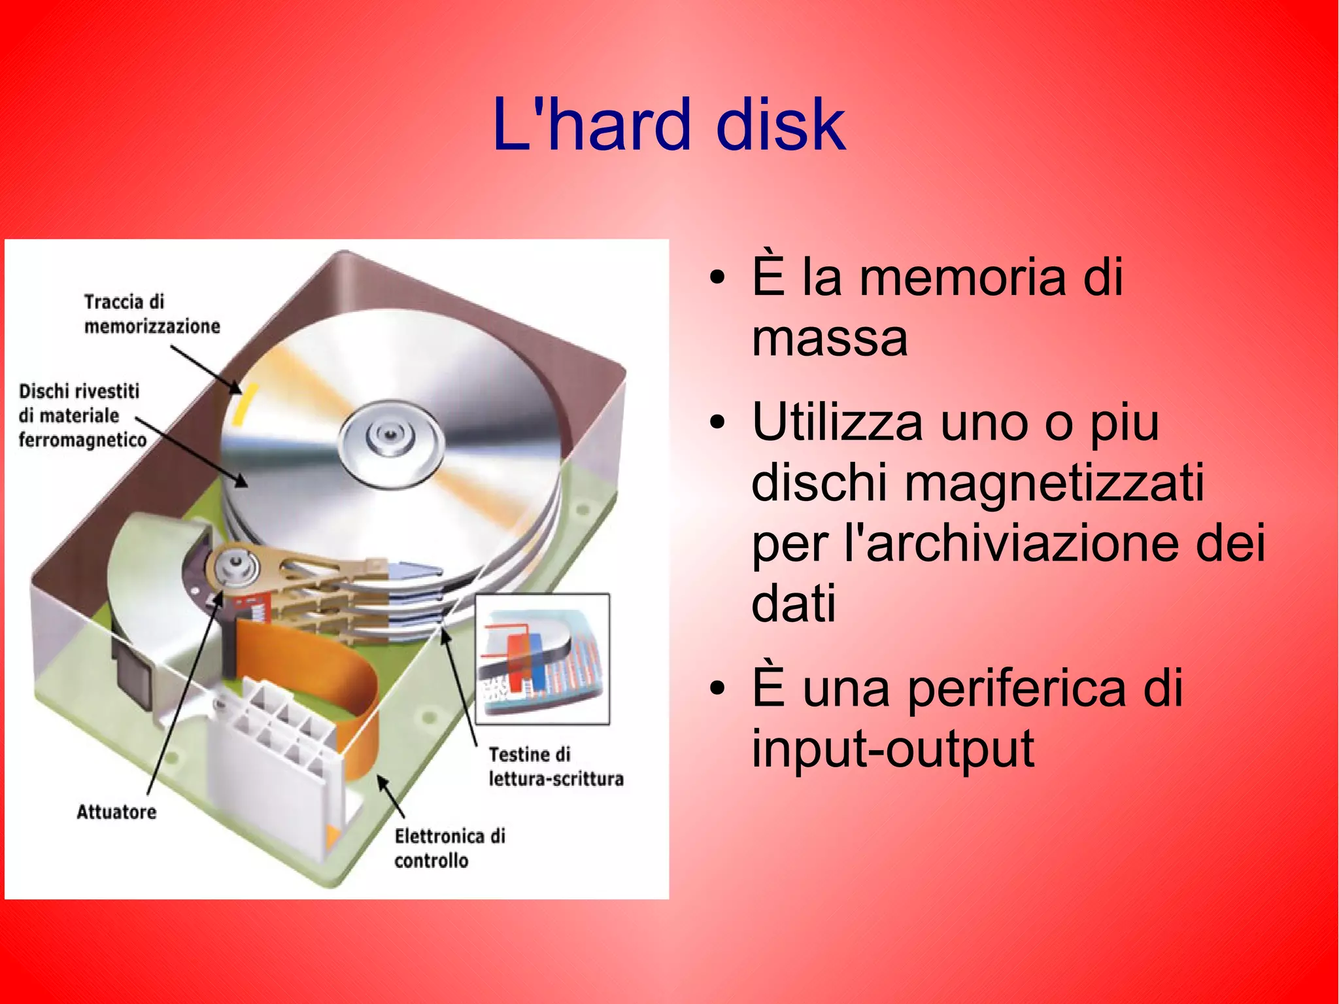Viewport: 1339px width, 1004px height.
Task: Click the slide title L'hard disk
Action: (669, 124)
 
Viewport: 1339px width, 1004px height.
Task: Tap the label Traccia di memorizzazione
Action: (151, 314)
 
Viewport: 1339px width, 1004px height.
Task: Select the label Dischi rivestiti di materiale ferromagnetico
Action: (82, 415)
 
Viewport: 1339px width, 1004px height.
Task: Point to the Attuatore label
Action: (116, 812)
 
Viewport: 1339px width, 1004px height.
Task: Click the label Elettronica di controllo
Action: (449, 848)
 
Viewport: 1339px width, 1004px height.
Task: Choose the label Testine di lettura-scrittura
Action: (555, 767)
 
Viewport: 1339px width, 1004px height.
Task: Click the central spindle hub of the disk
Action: (390, 436)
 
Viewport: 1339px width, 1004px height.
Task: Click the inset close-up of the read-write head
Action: (542, 659)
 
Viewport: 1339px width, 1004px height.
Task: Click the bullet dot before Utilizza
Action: (717, 423)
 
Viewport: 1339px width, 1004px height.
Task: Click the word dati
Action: (793, 602)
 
